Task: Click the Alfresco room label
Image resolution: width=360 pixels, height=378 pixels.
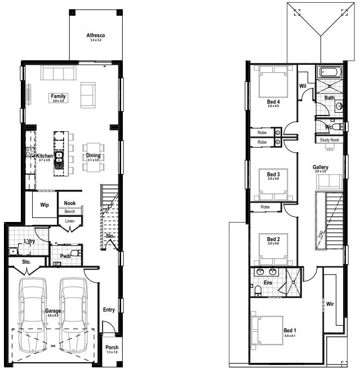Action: point(96,35)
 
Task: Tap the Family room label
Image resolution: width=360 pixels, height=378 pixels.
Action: point(59,96)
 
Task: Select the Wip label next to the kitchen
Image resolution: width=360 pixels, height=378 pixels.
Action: point(44,205)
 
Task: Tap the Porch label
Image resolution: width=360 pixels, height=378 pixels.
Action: point(112,348)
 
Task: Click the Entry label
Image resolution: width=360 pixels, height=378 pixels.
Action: point(109,309)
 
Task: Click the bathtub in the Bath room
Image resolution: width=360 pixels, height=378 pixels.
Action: point(330,72)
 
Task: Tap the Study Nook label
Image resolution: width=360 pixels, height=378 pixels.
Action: point(330,140)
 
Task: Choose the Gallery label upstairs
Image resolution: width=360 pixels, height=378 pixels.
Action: point(321,167)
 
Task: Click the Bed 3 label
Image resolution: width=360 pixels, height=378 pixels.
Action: point(273,175)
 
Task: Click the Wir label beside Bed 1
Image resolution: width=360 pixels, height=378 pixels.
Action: point(330,304)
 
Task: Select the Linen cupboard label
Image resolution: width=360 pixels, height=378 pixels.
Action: point(69,221)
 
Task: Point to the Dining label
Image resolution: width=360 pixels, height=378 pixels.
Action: point(92,156)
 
